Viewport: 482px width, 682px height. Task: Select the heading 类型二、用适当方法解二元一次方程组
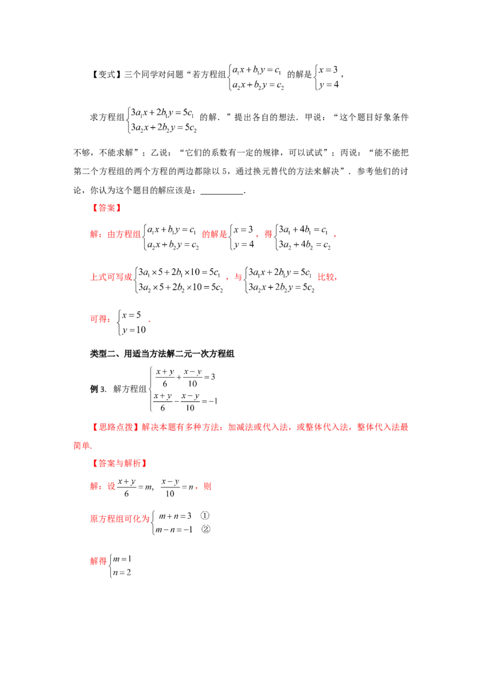click(162, 354)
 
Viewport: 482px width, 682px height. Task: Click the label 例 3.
click(98, 389)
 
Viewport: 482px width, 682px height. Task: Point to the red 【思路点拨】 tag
click(114, 427)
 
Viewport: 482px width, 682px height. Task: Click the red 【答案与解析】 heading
click(118, 464)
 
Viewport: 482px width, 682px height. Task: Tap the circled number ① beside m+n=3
click(205, 516)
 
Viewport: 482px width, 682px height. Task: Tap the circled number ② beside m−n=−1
click(205, 530)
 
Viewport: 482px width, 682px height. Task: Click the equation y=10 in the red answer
click(134, 330)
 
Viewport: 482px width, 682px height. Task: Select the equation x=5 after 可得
click(131, 315)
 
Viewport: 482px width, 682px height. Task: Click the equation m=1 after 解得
click(122, 559)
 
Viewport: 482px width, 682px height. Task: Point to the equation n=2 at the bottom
click(122, 573)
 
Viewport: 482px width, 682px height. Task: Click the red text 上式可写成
click(111, 277)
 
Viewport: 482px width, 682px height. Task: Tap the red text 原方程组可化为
click(120, 519)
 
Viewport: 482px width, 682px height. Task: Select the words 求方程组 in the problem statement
click(107, 117)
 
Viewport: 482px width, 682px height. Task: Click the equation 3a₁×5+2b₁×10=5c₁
click(179, 272)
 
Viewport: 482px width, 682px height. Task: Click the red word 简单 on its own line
click(82, 445)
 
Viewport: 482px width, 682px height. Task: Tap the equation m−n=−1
click(174, 530)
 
